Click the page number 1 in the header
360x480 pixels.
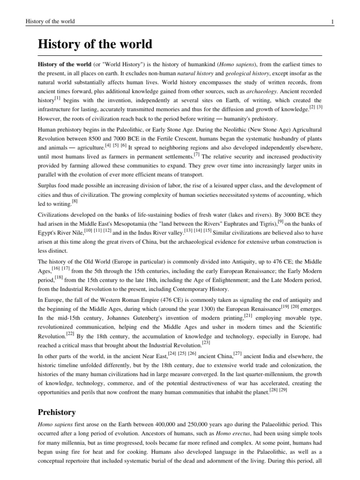332,22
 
